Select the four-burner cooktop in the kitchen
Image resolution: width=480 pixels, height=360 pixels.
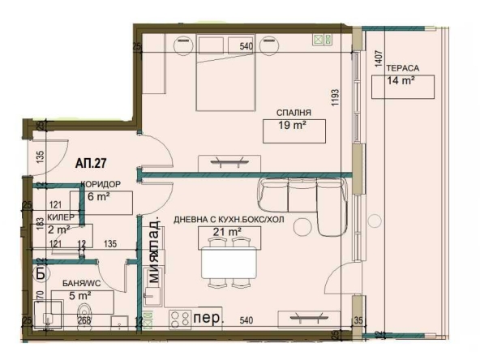tap(180, 319)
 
